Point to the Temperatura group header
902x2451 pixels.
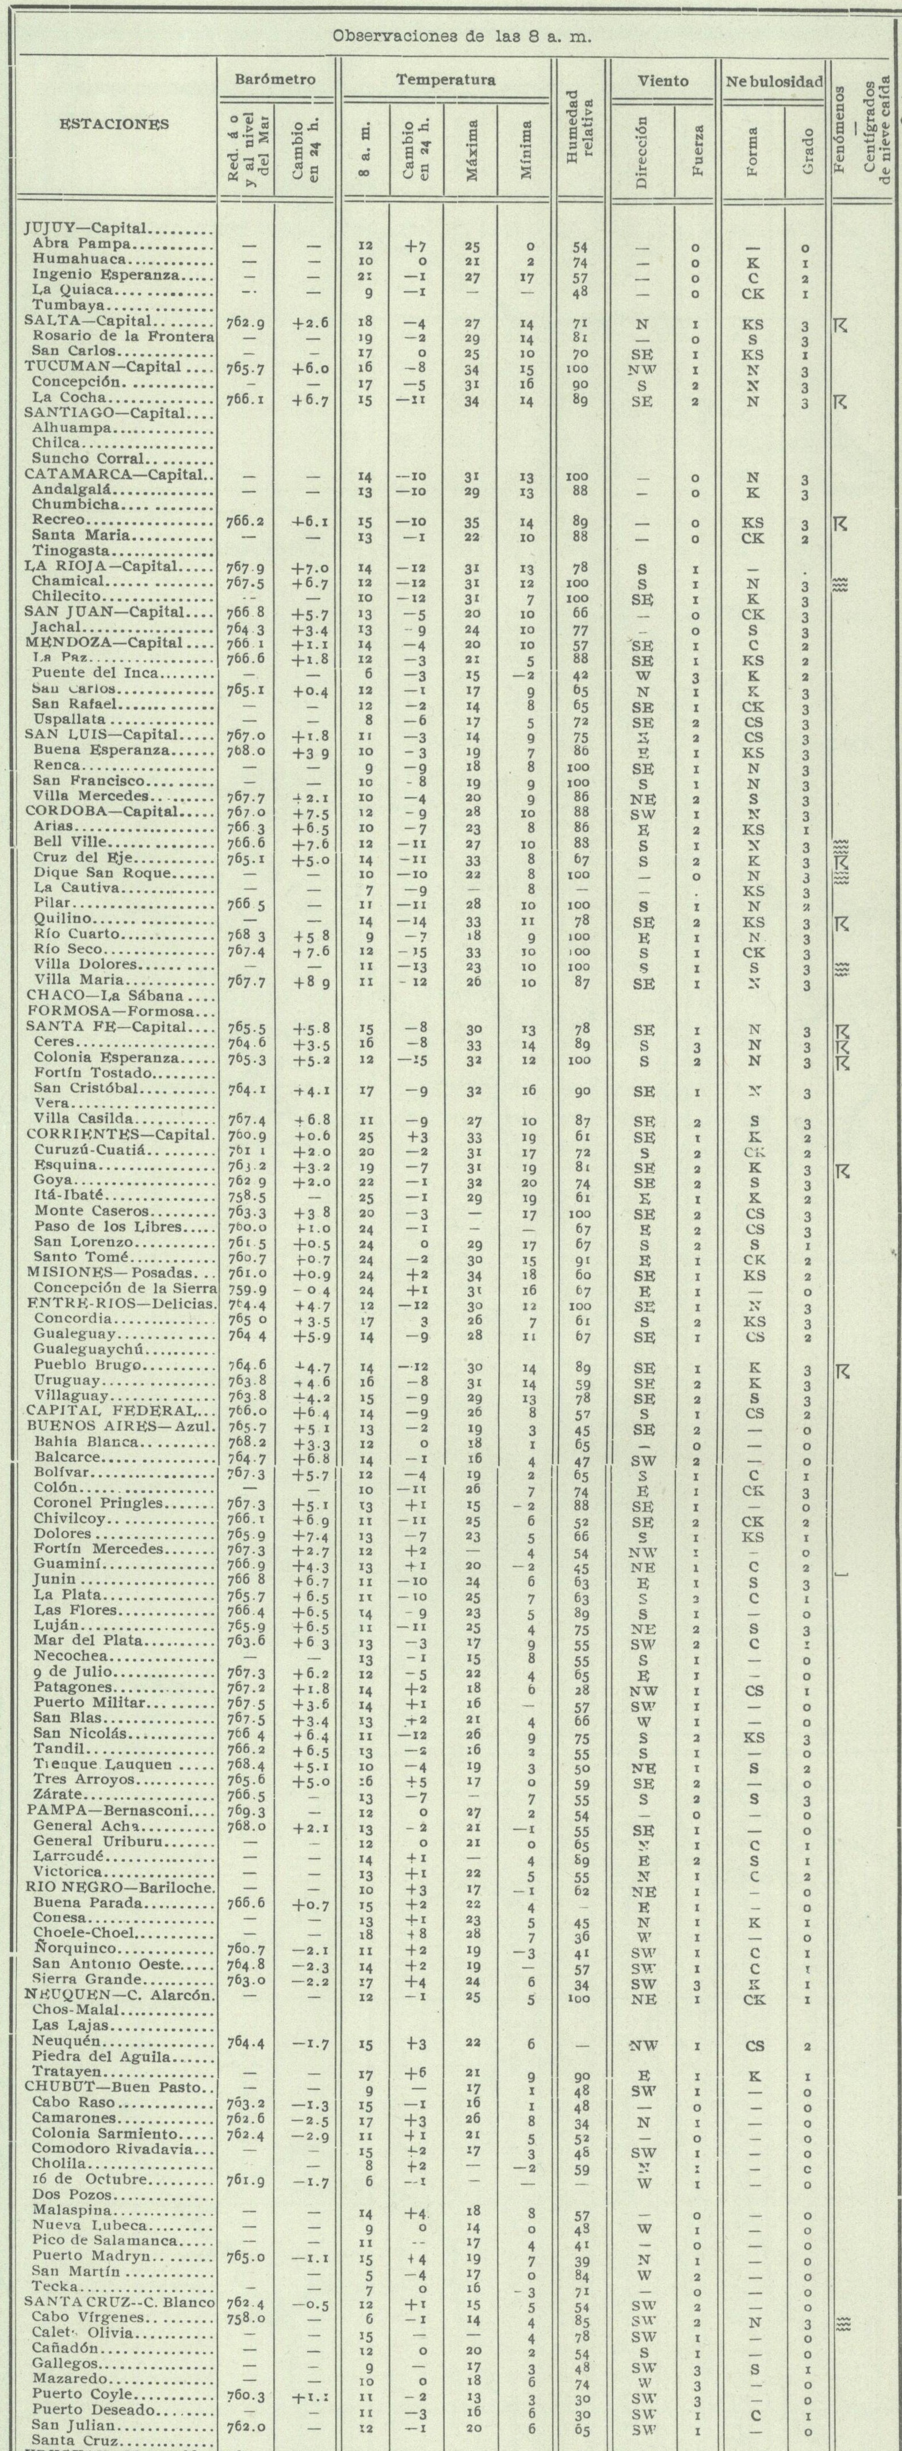(445, 81)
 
